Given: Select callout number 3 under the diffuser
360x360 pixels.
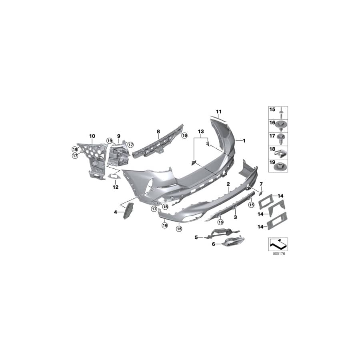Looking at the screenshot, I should [236, 217].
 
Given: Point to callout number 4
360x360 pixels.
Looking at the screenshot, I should [116, 212].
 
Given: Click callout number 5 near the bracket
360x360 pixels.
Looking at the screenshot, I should [196, 237].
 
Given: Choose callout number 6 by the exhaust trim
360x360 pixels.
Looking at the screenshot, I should [214, 243].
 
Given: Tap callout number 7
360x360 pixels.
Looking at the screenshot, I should [261, 184].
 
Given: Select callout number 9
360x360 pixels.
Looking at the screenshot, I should [118, 136].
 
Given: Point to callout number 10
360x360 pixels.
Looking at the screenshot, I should [92, 136].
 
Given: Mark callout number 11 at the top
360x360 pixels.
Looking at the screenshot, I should [218, 111].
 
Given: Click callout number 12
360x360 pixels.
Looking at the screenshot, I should [116, 187].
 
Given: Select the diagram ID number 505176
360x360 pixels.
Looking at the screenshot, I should [277, 254].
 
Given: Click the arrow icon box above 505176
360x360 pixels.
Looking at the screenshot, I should [277, 243].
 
